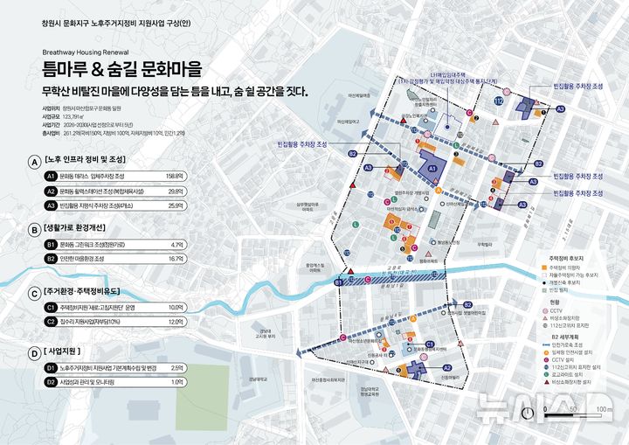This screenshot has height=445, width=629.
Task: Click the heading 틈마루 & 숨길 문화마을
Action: coord(121,68)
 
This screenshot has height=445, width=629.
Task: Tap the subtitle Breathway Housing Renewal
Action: coord(85,52)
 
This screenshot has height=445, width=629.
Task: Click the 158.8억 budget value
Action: coord(173,176)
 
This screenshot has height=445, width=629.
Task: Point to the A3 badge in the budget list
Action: coord(51,205)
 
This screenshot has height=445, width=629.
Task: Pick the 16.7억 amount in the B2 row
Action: coord(175,259)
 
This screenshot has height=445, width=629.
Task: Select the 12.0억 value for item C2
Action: coord(175,322)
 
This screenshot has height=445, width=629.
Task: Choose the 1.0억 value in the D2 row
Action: coord(176,382)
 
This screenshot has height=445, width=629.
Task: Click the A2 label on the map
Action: coord(446,368)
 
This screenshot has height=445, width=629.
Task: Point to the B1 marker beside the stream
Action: coord(339,282)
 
